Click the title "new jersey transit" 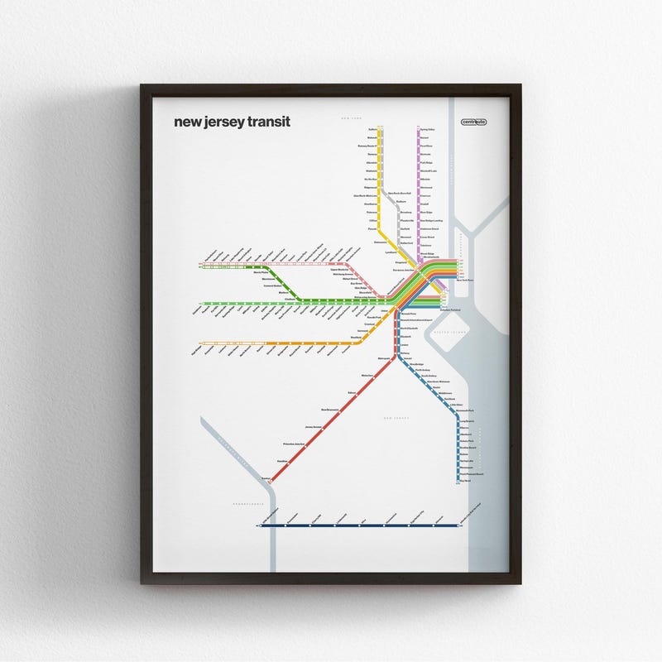232,122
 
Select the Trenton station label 264,477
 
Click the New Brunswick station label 330,410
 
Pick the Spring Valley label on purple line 427,130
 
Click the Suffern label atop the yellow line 372,130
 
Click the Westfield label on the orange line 357,337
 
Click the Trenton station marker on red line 271,479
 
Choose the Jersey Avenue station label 313,427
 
